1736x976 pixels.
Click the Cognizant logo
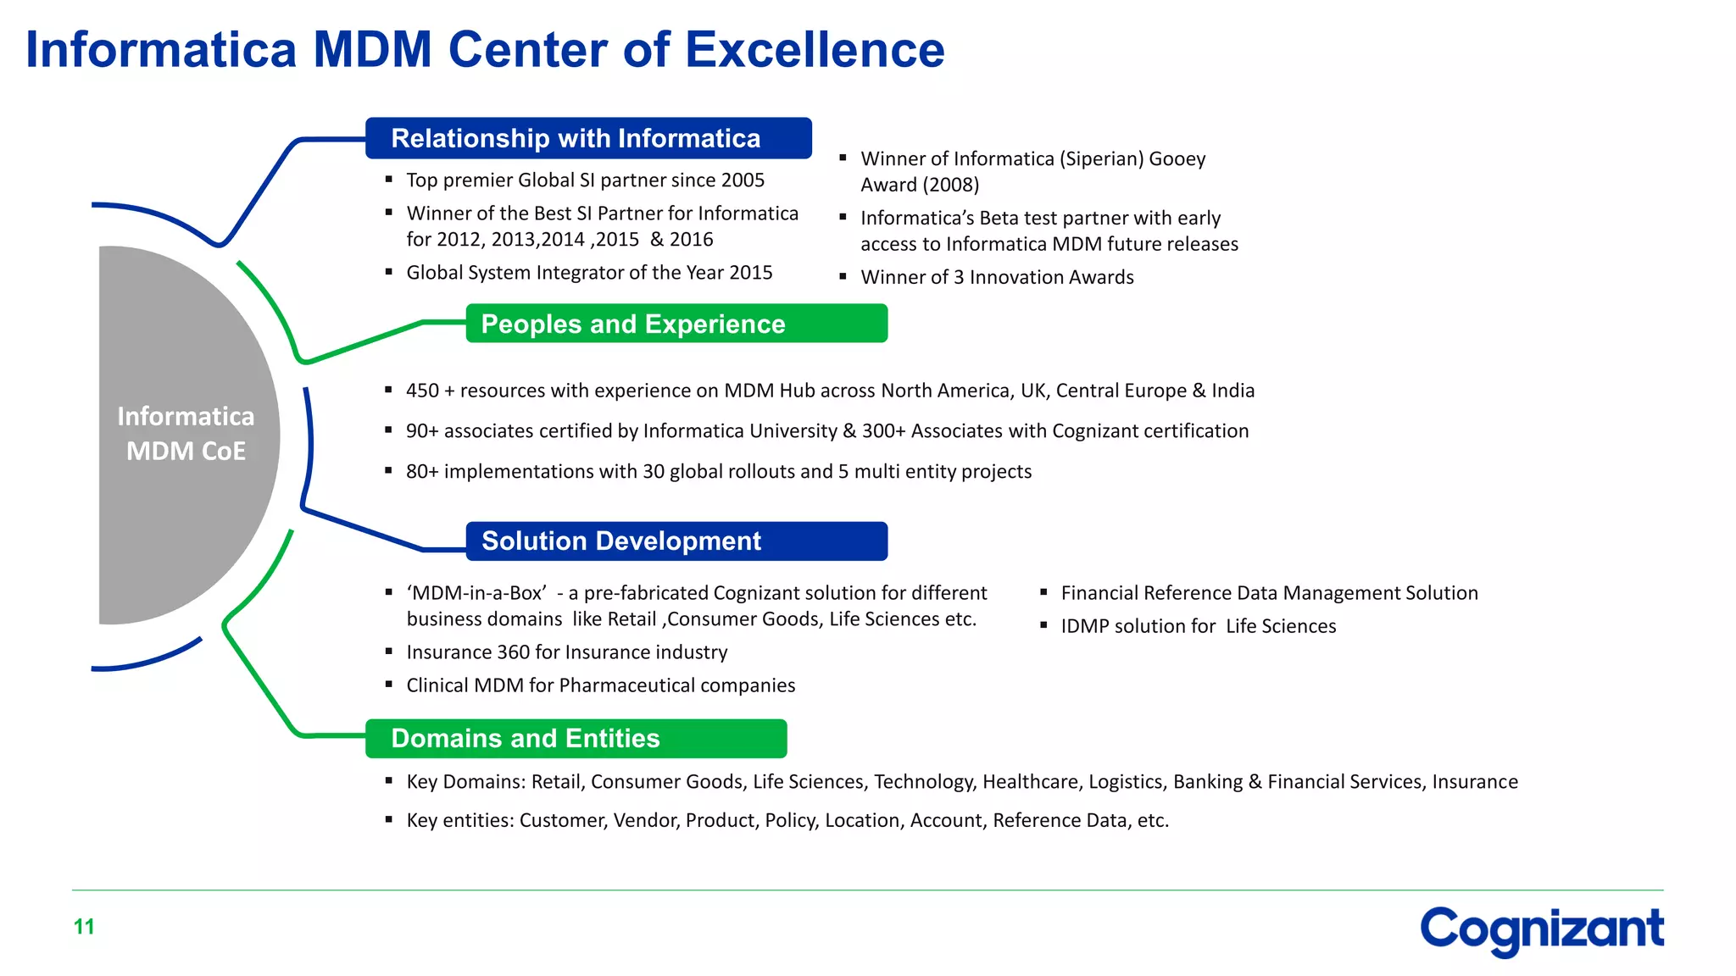click(x=1541, y=929)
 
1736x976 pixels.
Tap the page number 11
click(x=84, y=927)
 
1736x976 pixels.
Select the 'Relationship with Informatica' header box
click(x=588, y=138)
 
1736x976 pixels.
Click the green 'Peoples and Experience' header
click(x=676, y=324)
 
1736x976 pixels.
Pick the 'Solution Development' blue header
click(x=676, y=541)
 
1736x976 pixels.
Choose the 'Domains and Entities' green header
click(x=576, y=739)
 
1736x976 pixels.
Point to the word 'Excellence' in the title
click(x=814, y=49)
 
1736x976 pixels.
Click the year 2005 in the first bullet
click(x=743, y=180)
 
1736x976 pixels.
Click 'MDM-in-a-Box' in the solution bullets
click(x=476, y=593)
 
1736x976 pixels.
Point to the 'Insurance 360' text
click(x=468, y=652)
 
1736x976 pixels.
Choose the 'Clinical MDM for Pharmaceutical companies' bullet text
click(x=600, y=685)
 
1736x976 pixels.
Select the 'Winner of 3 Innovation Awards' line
click(x=997, y=277)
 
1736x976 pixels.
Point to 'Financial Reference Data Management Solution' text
click(x=1269, y=593)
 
